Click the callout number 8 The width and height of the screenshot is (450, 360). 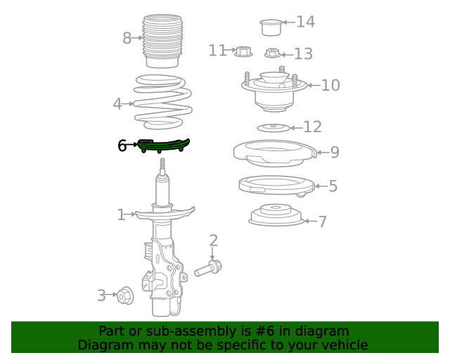[x=127, y=38]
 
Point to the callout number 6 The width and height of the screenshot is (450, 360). [x=122, y=146]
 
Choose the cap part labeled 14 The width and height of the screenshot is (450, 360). [x=271, y=27]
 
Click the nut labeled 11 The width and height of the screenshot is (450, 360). [x=243, y=51]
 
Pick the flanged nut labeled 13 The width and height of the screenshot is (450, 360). [x=272, y=53]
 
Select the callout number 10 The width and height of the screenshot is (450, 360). [x=330, y=86]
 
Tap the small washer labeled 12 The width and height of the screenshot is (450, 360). [x=274, y=127]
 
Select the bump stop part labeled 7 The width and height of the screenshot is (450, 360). [x=276, y=214]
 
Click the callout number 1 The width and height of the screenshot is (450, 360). [x=121, y=214]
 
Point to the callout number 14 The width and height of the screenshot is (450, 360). [x=306, y=22]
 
